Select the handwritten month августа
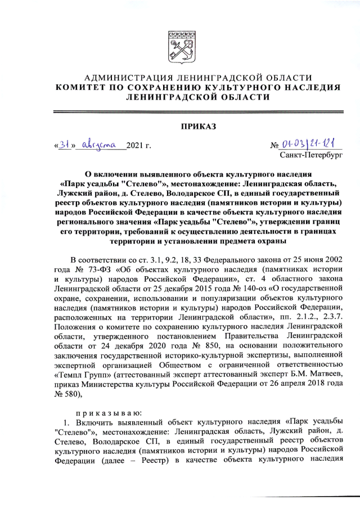click(x=98, y=146)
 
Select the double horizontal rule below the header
click(x=180, y=112)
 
